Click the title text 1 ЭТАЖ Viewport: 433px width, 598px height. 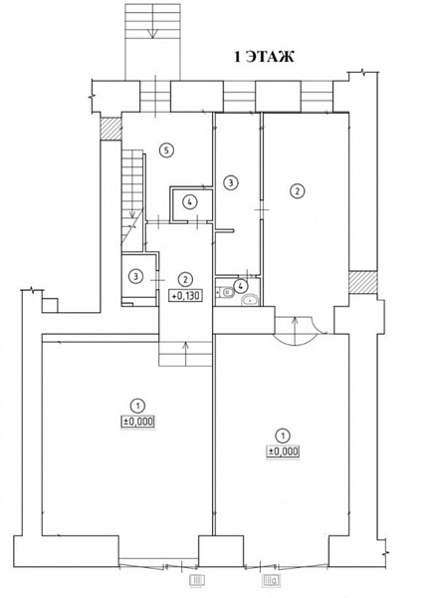264,57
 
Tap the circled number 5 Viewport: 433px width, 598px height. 166,149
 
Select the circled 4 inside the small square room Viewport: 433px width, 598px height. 190,202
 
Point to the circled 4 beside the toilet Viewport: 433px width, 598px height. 241,285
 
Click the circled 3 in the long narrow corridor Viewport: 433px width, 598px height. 230,182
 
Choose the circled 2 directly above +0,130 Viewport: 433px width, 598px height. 185,279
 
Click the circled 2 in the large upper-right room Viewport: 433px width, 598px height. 298,190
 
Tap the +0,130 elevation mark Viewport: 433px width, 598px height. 186,295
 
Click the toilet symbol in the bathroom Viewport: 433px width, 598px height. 226,292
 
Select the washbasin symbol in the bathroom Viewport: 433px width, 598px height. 250,300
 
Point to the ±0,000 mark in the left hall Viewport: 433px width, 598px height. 137,422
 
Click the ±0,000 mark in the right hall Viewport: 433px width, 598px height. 282,451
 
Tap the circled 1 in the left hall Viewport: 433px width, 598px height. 137,405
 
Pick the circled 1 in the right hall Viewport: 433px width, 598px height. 282,436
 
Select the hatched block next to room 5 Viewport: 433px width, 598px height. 110,129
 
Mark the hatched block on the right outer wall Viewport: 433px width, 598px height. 363,282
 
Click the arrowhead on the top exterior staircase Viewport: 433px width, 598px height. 152,34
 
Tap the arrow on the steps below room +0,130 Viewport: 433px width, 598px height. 185,354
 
